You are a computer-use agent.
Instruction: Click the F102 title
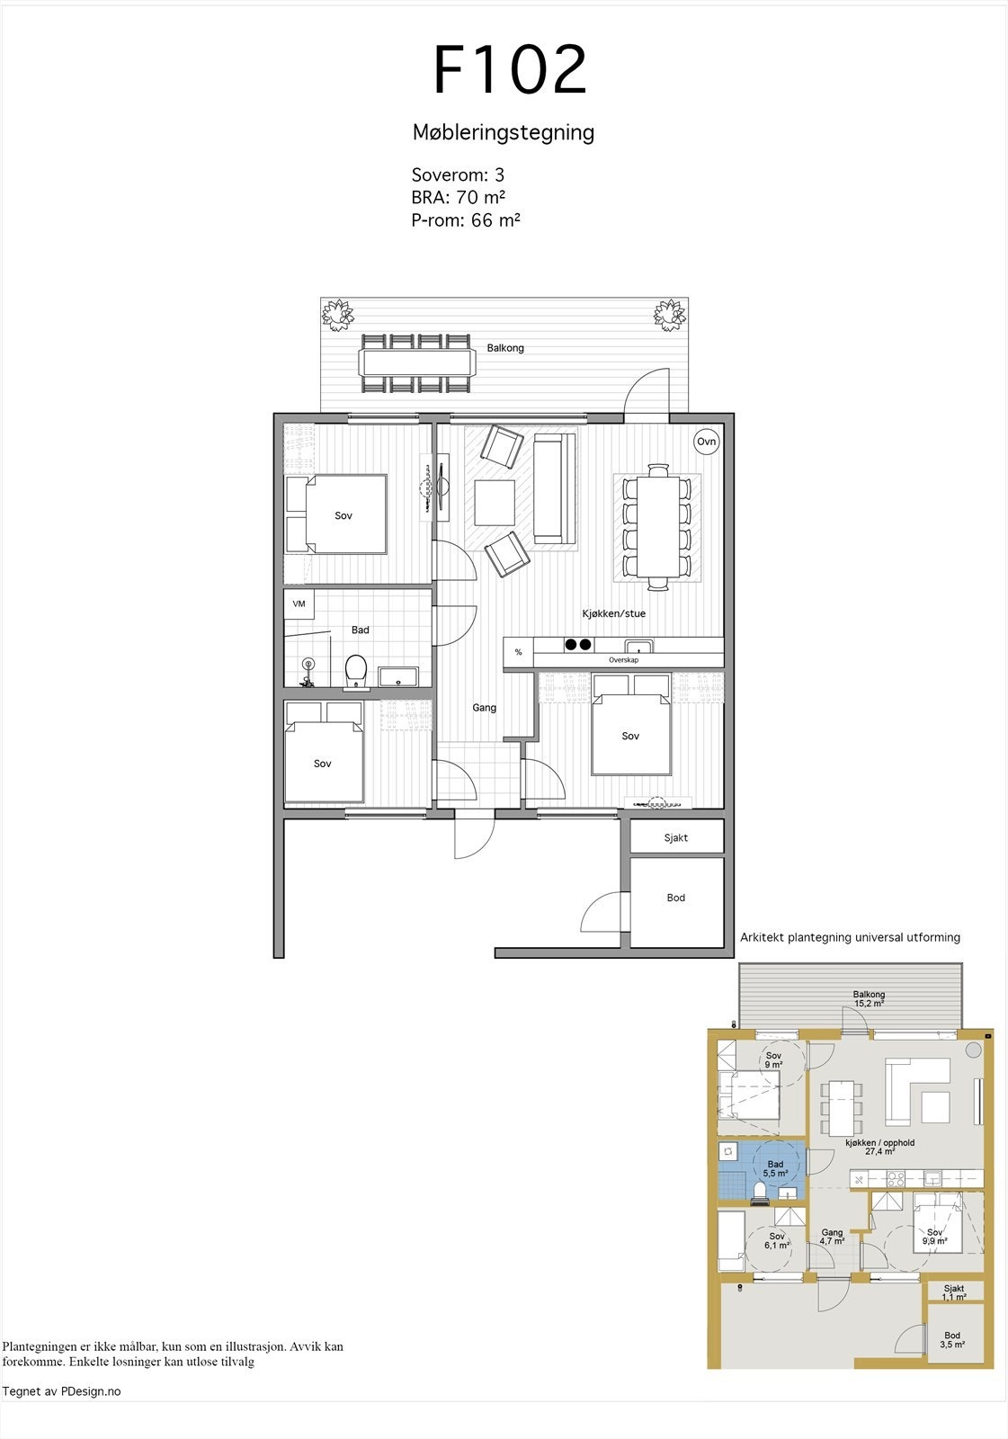(x=510, y=70)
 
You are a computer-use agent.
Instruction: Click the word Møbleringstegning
(x=504, y=132)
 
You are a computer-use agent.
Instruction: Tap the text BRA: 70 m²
(x=458, y=197)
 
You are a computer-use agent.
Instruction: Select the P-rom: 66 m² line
(x=466, y=219)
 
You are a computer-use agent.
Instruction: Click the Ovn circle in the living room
(x=707, y=442)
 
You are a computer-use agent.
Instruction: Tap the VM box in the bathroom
(x=299, y=603)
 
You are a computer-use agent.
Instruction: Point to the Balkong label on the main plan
(x=505, y=348)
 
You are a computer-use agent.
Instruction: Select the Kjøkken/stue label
(x=614, y=613)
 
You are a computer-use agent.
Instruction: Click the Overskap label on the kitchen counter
(x=623, y=660)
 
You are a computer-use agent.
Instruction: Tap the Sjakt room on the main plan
(x=676, y=837)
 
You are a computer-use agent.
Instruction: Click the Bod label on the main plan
(x=676, y=898)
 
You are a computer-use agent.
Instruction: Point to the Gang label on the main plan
(x=485, y=708)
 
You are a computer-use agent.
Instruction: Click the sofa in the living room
(x=554, y=488)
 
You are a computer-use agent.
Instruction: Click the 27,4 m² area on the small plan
(x=879, y=1151)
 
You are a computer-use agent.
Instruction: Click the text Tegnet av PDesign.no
(x=61, y=1391)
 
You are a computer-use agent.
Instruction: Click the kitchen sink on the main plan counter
(x=639, y=646)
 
